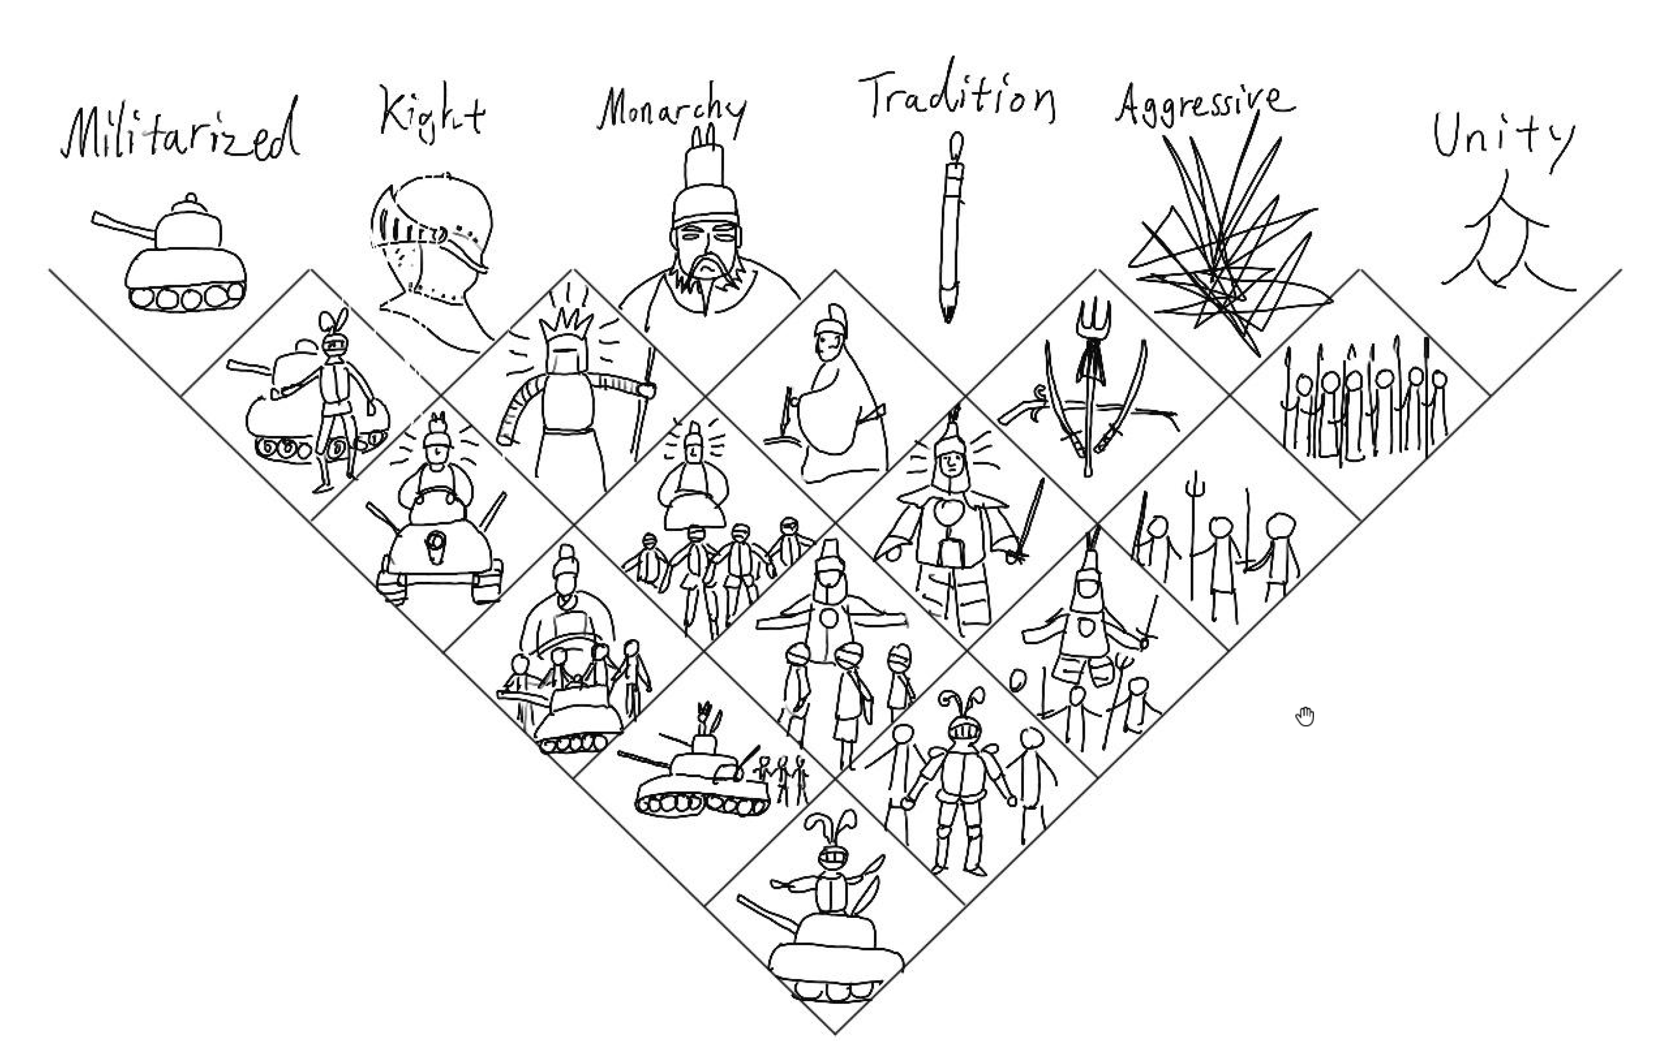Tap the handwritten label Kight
click(x=432, y=112)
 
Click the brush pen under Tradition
click(x=950, y=227)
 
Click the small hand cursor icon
click(x=1305, y=717)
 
